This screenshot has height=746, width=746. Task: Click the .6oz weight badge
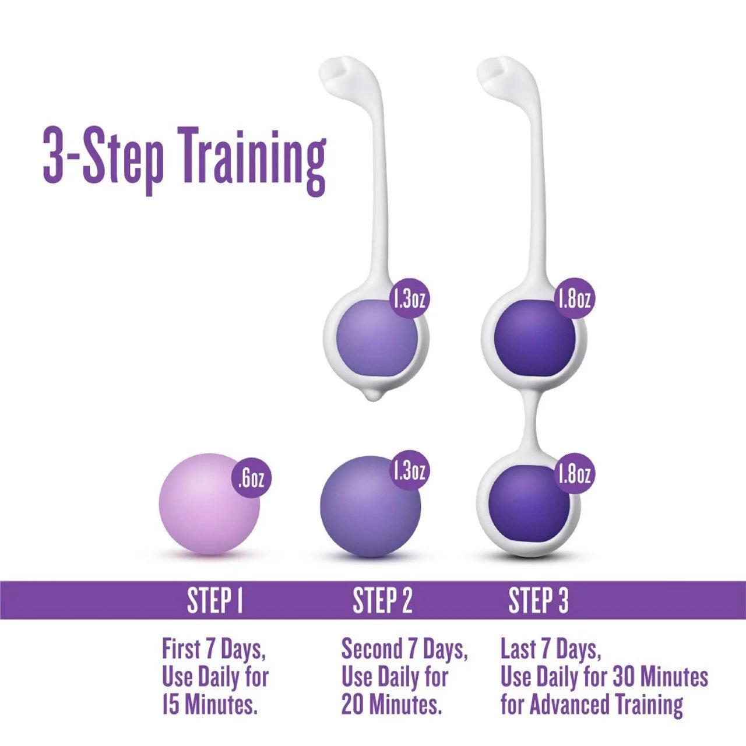(x=251, y=479)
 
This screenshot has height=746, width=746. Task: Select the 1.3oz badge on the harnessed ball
(x=410, y=299)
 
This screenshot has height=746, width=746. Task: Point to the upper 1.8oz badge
(x=575, y=299)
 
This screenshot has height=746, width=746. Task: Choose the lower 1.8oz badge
(x=575, y=474)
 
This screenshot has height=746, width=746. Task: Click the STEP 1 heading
(x=214, y=601)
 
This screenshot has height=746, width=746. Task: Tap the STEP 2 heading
(x=382, y=601)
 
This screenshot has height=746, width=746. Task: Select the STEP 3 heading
(x=539, y=601)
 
